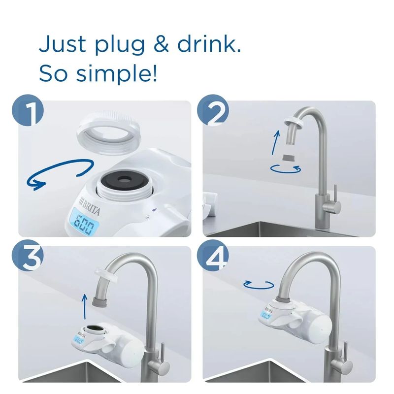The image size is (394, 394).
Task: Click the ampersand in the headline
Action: click(161, 45)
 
